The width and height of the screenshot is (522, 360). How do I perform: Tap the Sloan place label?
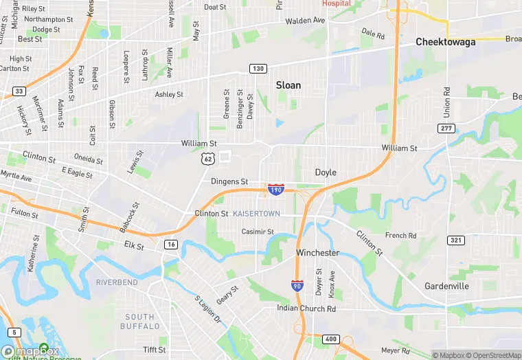(x=288, y=85)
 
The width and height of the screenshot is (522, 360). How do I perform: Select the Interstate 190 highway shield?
(x=275, y=188)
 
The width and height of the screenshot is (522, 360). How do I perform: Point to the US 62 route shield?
(x=207, y=159)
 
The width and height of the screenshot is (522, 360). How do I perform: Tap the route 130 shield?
(x=258, y=69)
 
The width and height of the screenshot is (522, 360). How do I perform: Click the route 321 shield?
(x=454, y=240)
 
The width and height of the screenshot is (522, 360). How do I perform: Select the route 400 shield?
(x=332, y=339)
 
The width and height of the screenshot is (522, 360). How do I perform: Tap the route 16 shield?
(x=171, y=244)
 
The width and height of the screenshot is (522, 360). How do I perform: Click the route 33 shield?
(x=19, y=91)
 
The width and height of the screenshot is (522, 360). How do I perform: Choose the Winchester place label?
(x=317, y=253)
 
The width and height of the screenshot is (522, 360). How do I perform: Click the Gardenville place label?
(x=446, y=286)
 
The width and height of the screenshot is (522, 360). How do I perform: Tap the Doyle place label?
(x=326, y=172)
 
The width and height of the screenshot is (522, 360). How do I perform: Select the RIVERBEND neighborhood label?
(x=117, y=282)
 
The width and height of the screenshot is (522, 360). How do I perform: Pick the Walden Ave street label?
(x=305, y=21)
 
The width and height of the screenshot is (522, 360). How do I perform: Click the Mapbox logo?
(x=30, y=351)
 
